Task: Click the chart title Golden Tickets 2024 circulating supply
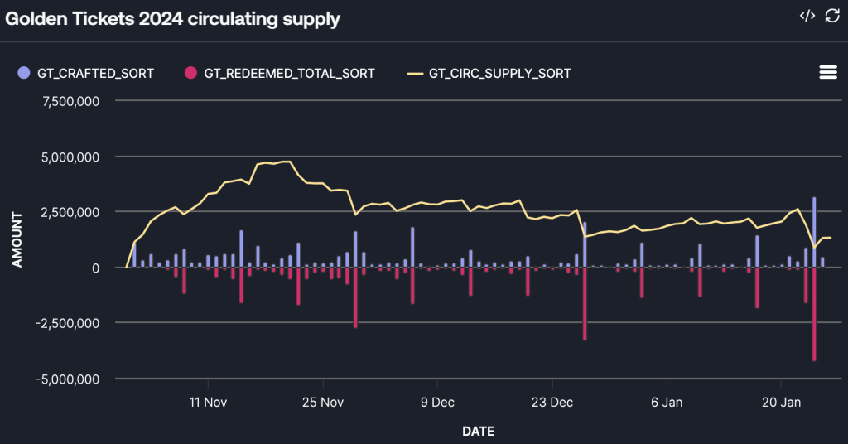tap(173, 18)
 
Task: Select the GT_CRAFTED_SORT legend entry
tap(86, 73)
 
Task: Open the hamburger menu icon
tap(827, 72)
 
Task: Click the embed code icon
tap(807, 17)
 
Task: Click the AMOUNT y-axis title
tap(17, 239)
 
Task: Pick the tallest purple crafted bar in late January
tap(814, 233)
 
